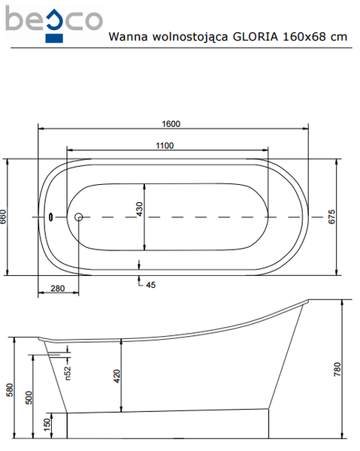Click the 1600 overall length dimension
click(171, 124)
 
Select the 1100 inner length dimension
click(165, 146)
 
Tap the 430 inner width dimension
click(139, 209)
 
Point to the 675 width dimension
click(331, 216)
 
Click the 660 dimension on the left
click(2, 217)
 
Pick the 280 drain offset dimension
click(58, 288)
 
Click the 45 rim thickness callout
click(150, 285)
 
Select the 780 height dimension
click(337, 369)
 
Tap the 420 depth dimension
click(117, 376)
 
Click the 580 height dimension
click(10, 389)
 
